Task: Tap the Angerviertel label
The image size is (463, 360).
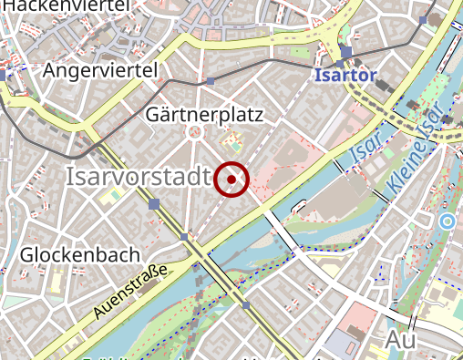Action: [x=100, y=70]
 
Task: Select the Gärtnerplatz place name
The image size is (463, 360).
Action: [x=203, y=115]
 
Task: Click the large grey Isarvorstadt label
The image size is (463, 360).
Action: [x=139, y=178]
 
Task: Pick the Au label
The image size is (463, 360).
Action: [x=401, y=340]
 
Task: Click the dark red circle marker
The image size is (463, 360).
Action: [x=232, y=179]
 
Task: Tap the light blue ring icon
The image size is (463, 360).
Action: [x=446, y=221]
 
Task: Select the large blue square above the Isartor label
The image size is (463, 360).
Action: [x=346, y=52]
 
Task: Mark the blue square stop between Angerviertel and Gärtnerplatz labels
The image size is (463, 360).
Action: [x=211, y=82]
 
